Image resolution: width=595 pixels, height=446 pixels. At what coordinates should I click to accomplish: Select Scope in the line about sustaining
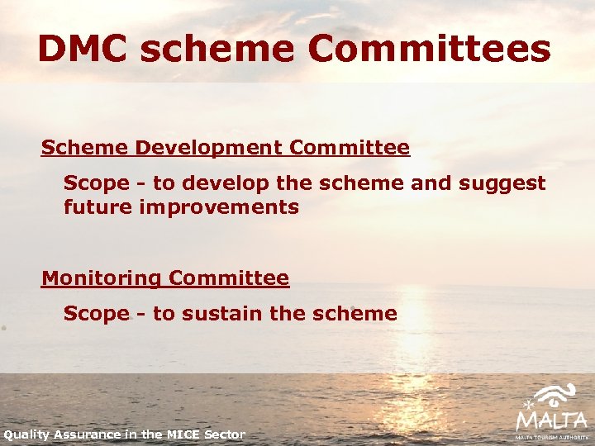pyautogui.click(x=96, y=314)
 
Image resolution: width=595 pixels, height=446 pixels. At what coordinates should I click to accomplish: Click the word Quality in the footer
pyautogui.click(x=26, y=434)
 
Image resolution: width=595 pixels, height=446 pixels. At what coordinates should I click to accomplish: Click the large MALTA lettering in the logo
pyautogui.click(x=551, y=419)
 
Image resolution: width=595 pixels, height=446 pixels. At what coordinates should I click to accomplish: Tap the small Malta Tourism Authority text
pyautogui.click(x=551, y=436)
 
